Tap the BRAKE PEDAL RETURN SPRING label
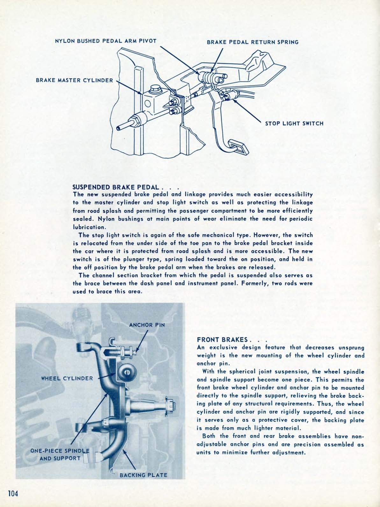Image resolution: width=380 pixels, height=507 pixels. [253, 42]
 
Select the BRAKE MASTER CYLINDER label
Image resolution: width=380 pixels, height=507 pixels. [75, 80]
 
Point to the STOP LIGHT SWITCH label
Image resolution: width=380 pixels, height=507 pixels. [294, 123]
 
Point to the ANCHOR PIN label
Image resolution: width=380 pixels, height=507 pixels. [147, 325]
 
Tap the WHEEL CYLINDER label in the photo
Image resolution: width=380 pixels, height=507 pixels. [67, 379]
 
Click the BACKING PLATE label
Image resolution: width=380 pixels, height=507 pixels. [143, 475]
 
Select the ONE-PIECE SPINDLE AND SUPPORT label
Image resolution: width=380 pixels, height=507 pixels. [60, 454]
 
